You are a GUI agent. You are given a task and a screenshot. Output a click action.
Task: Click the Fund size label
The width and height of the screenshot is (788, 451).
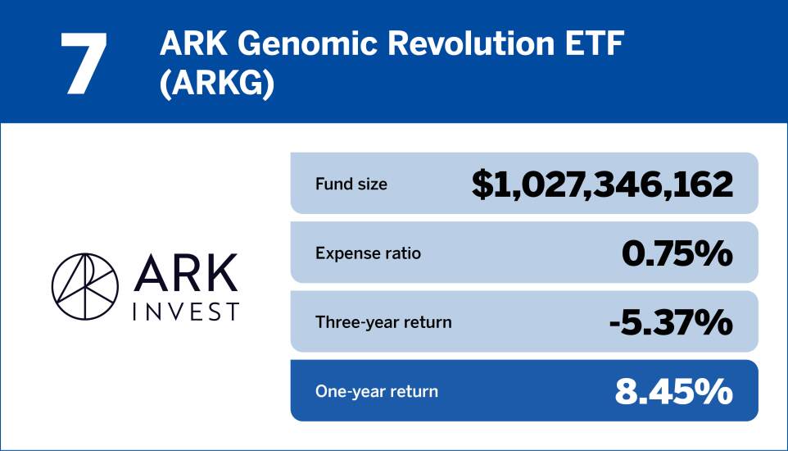click(x=351, y=184)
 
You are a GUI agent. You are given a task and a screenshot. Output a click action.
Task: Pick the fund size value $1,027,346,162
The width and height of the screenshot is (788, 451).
click(x=602, y=184)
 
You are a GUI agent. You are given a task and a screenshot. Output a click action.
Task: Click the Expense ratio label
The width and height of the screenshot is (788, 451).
click(x=368, y=253)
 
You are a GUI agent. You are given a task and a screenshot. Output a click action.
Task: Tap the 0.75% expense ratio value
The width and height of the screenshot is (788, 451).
click(x=677, y=253)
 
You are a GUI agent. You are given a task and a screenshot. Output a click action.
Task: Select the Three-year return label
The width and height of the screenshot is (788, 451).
click(x=383, y=322)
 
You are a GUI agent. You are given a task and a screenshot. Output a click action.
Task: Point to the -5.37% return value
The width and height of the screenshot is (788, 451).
click(x=671, y=322)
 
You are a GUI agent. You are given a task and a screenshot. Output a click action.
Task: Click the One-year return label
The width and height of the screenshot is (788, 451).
click(x=377, y=391)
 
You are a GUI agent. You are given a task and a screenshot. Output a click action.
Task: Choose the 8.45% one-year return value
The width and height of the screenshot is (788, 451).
click(x=673, y=391)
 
